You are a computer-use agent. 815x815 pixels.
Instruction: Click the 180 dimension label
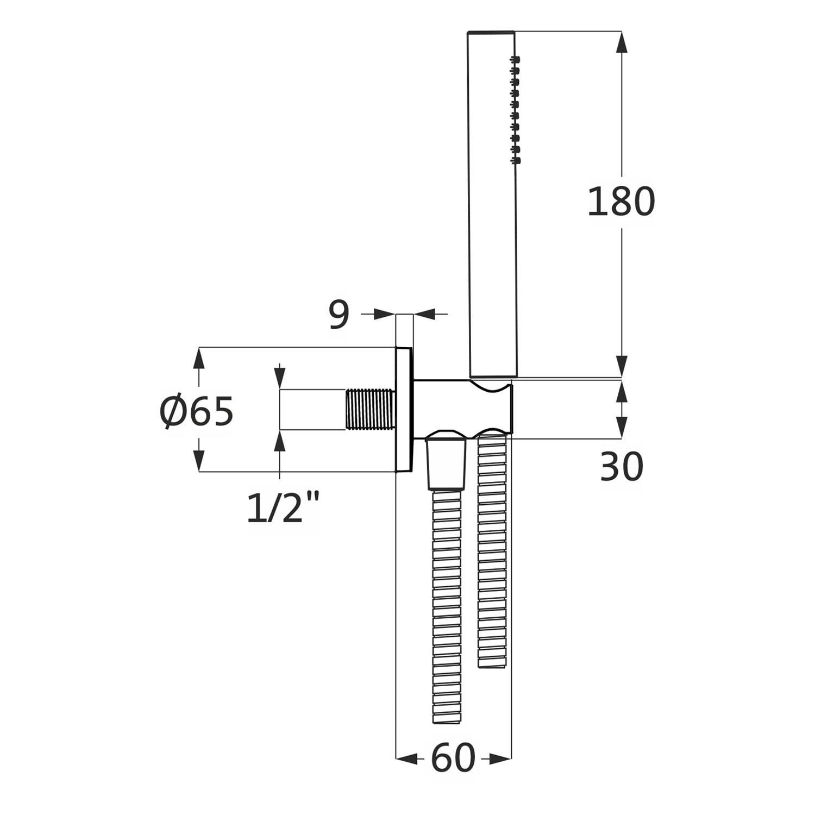click(621, 202)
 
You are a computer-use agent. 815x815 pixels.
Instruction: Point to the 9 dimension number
click(339, 315)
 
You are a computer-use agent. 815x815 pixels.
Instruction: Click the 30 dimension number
click(621, 467)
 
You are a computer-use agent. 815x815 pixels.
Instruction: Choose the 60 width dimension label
click(453, 758)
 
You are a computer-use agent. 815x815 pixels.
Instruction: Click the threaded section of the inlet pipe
click(371, 410)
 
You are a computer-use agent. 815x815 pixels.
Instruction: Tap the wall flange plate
click(404, 409)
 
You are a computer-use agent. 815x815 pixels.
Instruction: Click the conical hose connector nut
click(446, 461)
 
